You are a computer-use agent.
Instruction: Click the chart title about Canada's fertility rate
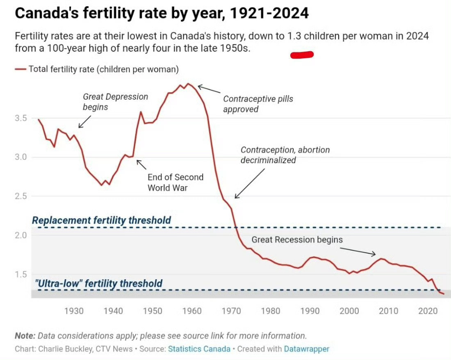click(x=162, y=13)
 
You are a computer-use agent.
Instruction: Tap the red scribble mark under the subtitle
click(x=302, y=55)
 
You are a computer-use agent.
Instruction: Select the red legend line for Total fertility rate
click(x=20, y=69)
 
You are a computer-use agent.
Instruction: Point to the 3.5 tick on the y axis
click(x=21, y=118)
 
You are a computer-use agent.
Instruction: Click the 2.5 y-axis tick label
click(x=21, y=196)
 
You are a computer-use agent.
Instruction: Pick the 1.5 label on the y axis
click(x=21, y=274)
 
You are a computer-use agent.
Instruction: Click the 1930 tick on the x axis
click(x=74, y=311)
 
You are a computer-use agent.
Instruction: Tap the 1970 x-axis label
click(x=231, y=311)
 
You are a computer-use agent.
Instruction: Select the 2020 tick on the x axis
click(x=428, y=311)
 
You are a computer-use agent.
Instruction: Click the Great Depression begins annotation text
click(x=115, y=102)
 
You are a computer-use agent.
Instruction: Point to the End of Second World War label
click(x=175, y=182)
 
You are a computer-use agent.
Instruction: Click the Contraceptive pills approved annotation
click(x=258, y=104)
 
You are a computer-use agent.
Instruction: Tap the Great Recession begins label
click(x=297, y=240)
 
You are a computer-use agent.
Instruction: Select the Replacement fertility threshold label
click(x=102, y=220)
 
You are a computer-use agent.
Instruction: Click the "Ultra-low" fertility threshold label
click(x=99, y=283)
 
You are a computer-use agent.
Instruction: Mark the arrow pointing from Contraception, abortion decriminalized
click(x=249, y=183)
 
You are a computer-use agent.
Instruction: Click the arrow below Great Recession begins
click(x=358, y=251)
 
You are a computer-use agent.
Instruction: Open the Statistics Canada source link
click(x=199, y=349)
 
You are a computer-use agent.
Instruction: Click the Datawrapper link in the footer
click(x=307, y=349)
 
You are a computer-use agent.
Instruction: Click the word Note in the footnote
click(x=25, y=336)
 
